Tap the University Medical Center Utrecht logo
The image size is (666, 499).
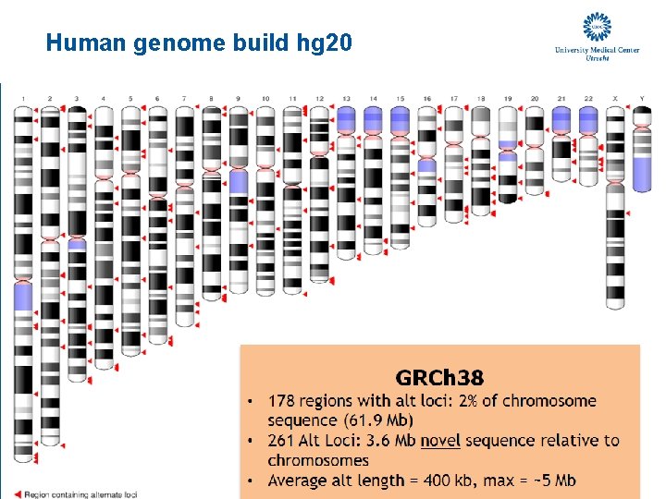point(597,37)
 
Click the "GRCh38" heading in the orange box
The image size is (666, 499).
point(439,377)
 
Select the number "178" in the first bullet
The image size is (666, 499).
point(283,401)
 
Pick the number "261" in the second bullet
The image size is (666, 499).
point(283,441)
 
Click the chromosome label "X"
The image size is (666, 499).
point(615,97)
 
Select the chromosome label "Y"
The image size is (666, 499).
point(641,97)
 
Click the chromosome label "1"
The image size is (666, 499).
point(23,97)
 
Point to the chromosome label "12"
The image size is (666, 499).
point(319,97)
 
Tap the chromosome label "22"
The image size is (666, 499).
point(588,97)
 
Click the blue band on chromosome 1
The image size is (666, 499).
point(23,296)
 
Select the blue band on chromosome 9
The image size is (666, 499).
point(239,180)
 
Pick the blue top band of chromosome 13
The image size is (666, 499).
point(346,119)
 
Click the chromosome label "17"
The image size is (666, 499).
point(454,97)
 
